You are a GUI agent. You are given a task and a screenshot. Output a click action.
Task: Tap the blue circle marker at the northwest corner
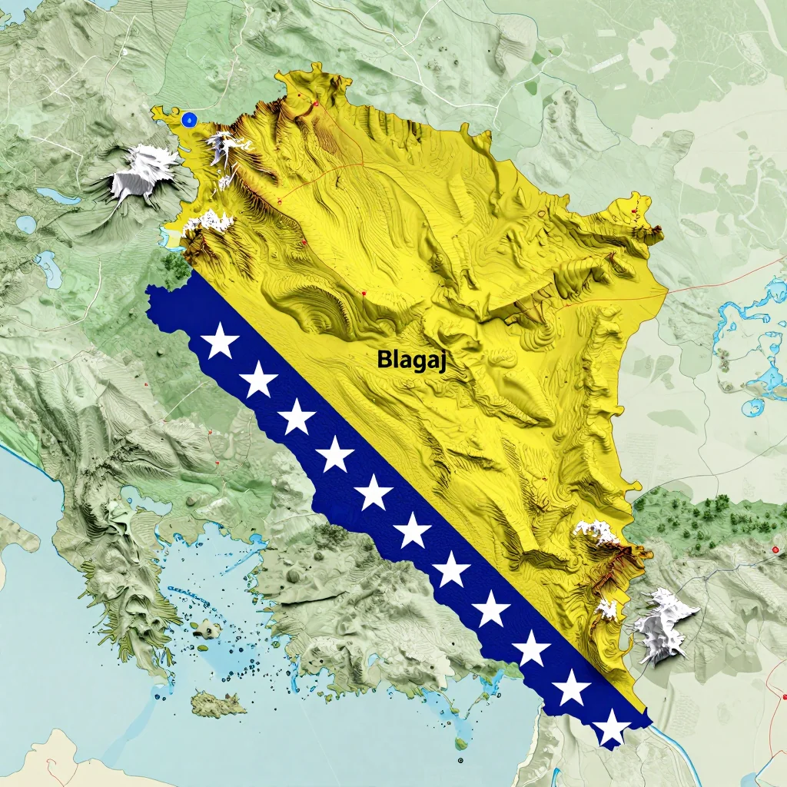(x=189, y=118)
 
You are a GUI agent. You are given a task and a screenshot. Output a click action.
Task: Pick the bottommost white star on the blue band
(x=612, y=727)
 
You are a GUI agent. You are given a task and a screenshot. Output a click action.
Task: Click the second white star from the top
(x=259, y=379)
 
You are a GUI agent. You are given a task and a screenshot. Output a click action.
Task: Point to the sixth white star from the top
(x=413, y=530)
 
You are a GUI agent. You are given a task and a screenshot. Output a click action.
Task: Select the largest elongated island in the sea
(x=218, y=702)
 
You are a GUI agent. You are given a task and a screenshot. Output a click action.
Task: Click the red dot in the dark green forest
(x=775, y=550)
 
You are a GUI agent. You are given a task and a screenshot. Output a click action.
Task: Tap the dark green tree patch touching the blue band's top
(x=177, y=265)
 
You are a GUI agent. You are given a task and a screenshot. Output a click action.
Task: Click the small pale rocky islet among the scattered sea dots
(x=206, y=630)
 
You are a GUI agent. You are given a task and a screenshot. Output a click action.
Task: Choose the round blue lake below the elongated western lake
(x=26, y=224)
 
